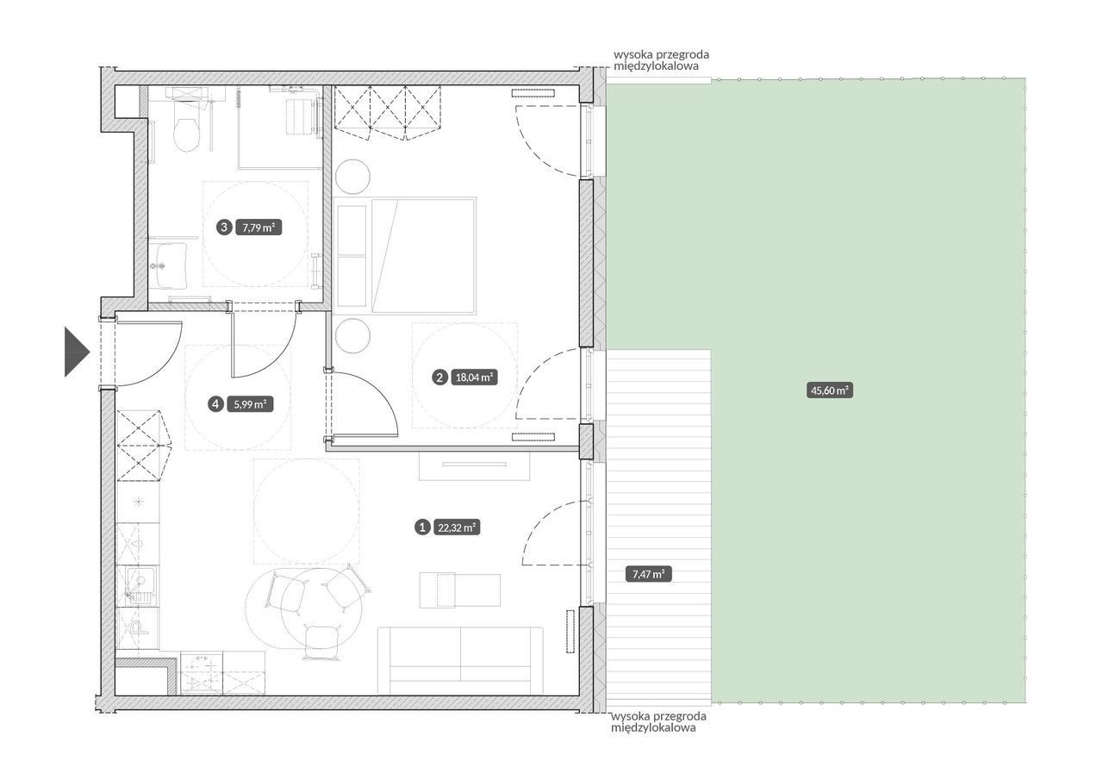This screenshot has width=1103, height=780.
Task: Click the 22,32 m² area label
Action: (x=458, y=527)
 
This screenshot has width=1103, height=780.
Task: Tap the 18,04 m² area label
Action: (x=475, y=378)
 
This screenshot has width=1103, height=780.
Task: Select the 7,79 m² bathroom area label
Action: (x=259, y=228)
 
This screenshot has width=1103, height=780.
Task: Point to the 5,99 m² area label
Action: (x=250, y=405)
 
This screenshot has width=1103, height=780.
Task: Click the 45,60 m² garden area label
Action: (x=830, y=390)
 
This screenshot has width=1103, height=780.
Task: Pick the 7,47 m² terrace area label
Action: (x=649, y=574)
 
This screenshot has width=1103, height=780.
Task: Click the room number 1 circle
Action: (x=422, y=527)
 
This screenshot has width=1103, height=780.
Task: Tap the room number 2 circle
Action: (x=439, y=378)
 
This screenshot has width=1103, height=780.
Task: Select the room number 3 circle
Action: (x=224, y=228)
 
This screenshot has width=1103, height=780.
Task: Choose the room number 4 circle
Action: (x=215, y=405)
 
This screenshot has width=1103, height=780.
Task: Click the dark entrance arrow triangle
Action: (x=77, y=353)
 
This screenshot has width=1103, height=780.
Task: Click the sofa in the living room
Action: (x=460, y=660)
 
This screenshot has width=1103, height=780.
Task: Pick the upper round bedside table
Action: (x=352, y=177)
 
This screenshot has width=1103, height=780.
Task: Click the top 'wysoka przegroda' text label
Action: (x=661, y=60)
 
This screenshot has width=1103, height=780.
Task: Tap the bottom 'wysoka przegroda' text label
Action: (x=658, y=721)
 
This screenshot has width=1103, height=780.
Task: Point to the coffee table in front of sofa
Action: (x=460, y=591)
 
